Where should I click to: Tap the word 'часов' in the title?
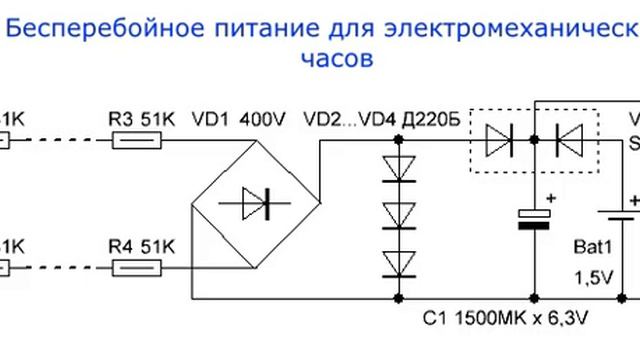click(336, 58)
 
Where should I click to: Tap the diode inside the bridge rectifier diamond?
click(254, 205)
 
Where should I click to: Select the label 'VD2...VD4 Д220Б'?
click(380, 120)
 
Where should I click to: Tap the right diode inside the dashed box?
click(567, 142)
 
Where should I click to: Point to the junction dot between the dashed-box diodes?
click(534, 142)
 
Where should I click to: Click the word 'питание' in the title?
click(237, 28)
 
